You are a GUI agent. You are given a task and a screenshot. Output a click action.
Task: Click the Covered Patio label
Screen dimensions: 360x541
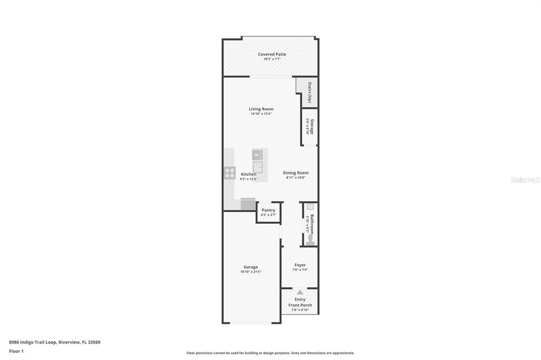click(x=272, y=54)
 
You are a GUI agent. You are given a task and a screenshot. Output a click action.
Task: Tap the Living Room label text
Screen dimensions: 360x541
click(x=261, y=109)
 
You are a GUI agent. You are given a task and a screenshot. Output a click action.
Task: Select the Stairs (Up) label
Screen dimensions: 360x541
click(x=309, y=92)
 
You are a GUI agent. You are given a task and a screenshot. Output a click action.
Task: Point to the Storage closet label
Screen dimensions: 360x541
click(x=312, y=126)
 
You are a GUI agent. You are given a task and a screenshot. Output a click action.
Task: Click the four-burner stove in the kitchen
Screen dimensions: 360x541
click(x=230, y=173)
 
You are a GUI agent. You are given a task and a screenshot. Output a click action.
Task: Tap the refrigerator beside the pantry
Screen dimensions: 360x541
click(x=248, y=204)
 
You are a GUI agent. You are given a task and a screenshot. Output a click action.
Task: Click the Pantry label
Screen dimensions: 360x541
click(x=268, y=210)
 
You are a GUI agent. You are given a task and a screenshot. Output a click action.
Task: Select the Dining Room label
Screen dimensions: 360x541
click(x=295, y=173)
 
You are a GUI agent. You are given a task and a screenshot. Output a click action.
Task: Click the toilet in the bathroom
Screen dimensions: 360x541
click(x=310, y=241)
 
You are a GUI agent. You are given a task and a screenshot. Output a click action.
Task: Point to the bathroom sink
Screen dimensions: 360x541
click(x=310, y=206)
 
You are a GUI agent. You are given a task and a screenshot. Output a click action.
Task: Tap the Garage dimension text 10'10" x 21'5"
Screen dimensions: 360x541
click(x=250, y=272)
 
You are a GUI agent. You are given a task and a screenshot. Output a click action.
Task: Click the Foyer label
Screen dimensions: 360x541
click(x=300, y=265)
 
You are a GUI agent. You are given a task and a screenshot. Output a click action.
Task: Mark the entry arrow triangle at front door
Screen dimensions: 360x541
click(x=300, y=292)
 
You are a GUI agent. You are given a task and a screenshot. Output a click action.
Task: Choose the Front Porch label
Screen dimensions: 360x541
click(x=300, y=305)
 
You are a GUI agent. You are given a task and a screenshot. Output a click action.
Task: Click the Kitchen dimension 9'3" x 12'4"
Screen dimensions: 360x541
click(x=248, y=179)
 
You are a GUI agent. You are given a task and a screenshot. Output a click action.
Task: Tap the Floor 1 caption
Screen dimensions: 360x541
click(x=16, y=351)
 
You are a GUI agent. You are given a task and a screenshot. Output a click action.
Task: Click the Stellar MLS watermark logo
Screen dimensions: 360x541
click(x=525, y=180)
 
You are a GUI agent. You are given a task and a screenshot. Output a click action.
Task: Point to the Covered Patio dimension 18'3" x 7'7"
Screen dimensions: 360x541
click(x=272, y=59)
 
